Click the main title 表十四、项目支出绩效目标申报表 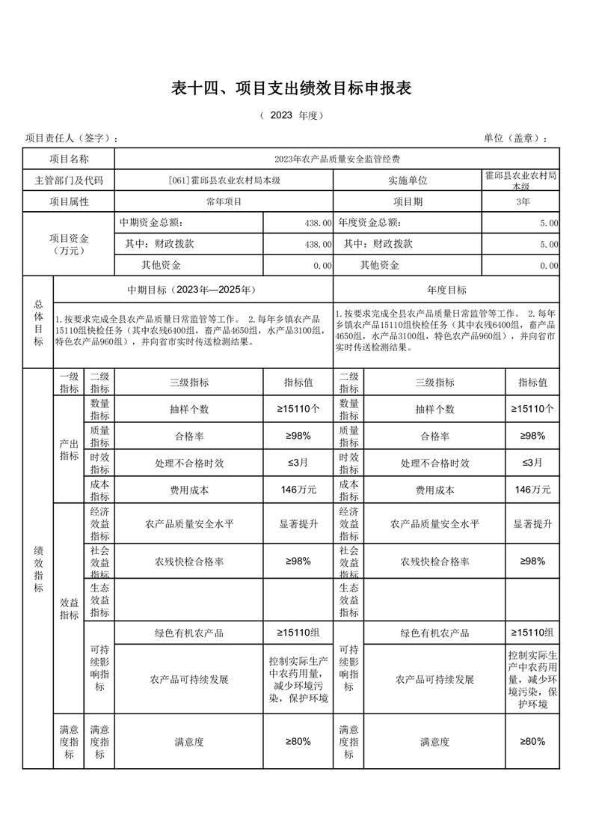[x=292, y=88]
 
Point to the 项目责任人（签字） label [x=72, y=139]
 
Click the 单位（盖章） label [x=516, y=139]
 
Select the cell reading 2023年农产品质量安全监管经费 [x=337, y=159]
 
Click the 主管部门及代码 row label [x=69, y=180]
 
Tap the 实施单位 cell [x=408, y=180]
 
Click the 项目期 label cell [x=408, y=201]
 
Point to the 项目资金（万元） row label [x=69, y=244]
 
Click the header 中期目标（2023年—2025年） [x=193, y=290]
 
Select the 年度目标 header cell [x=446, y=290]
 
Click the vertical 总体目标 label [x=38, y=322]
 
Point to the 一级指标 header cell [x=69, y=383]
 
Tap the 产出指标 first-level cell [x=69, y=449]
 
